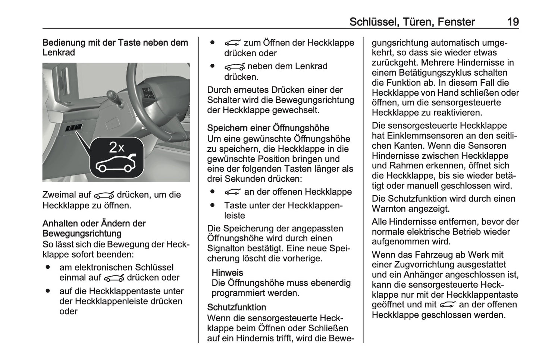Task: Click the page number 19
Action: (513, 22)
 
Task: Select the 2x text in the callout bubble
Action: (116, 148)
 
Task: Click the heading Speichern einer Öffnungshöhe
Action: (268, 128)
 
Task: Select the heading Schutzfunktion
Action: (236, 307)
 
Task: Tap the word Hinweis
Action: (227, 273)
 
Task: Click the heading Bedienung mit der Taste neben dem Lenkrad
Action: (115, 47)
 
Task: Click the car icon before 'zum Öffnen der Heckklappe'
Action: (233, 43)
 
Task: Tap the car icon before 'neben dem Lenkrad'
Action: (234, 67)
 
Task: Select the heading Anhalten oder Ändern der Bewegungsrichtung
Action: (94, 228)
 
